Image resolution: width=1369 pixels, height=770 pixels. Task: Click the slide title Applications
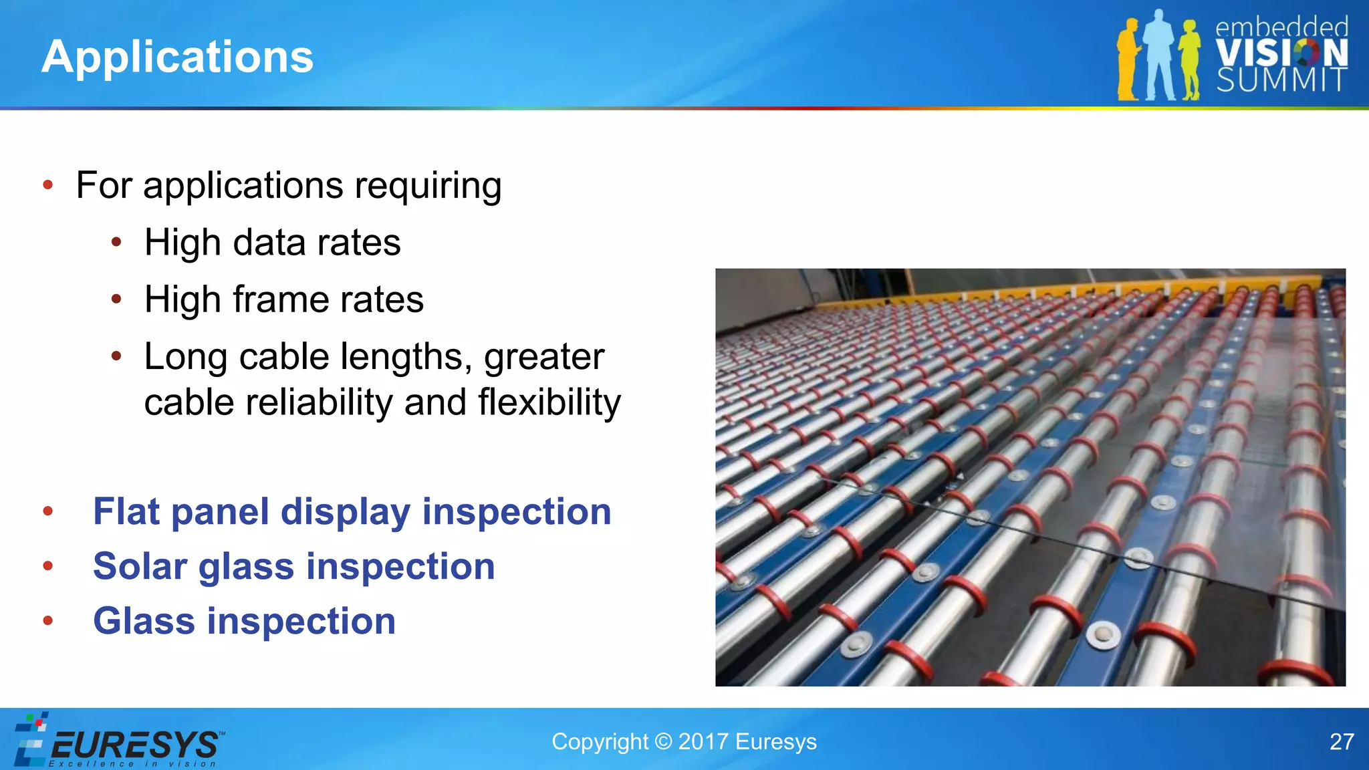click(x=177, y=57)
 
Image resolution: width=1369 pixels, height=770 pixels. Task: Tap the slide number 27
click(x=1341, y=742)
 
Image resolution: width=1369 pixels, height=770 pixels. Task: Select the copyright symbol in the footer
click(x=663, y=742)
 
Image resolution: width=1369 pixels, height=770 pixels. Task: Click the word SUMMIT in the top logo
click(x=1281, y=80)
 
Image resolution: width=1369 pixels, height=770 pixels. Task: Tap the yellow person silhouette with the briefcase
click(x=1128, y=59)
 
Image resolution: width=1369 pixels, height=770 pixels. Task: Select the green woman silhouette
click(x=1189, y=59)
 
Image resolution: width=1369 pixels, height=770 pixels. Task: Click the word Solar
click(x=140, y=567)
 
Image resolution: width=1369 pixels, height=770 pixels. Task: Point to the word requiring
click(x=428, y=186)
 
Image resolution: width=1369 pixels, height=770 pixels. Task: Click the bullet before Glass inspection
click(x=47, y=621)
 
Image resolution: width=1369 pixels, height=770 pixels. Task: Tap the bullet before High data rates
click(x=116, y=242)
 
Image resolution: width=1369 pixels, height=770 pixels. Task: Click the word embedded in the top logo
click(x=1281, y=27)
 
